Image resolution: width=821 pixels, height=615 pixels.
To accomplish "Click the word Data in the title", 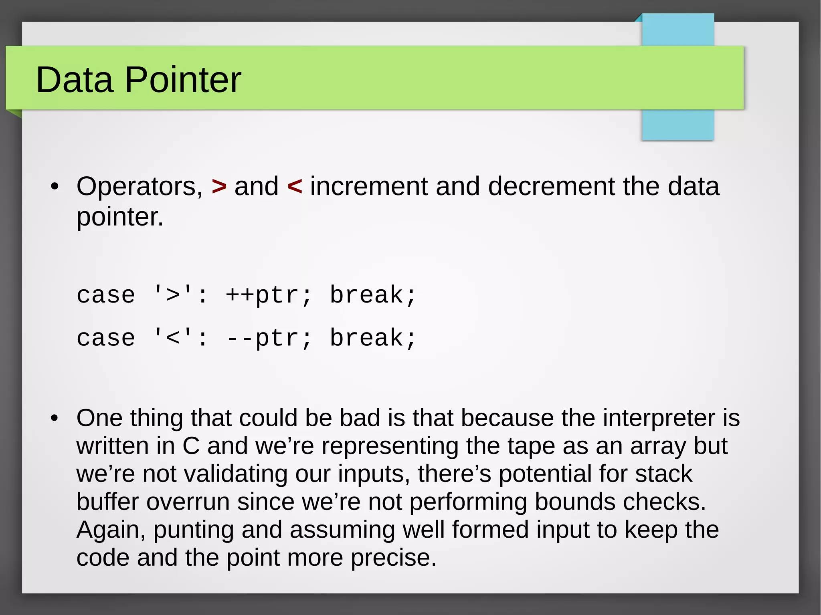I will (74, 80).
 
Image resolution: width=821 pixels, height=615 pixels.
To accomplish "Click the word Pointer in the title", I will (183, 80).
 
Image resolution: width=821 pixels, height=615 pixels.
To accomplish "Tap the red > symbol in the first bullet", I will (219, 187).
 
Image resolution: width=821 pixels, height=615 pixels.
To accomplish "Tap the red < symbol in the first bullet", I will (295, 187).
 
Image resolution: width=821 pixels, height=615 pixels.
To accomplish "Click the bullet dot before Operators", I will (55, 187).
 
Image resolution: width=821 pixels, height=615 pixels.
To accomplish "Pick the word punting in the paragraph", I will (193, 530).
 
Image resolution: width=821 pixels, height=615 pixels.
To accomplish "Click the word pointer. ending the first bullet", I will (120, 218).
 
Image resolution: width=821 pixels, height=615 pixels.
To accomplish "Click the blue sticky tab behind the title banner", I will (677, 124).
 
